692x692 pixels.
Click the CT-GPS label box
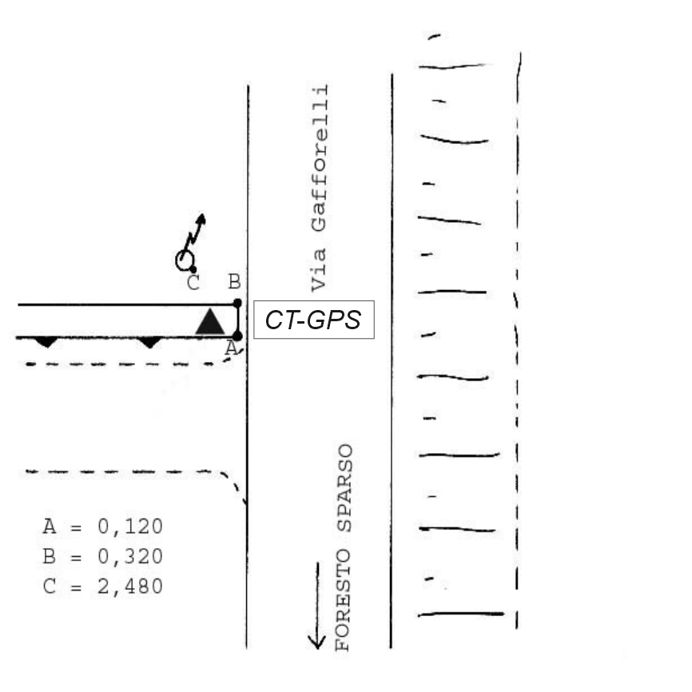point(314,321)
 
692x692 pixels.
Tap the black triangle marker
point(210,321)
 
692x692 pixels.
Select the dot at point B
point(237,303)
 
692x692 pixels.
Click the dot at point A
point(237,336)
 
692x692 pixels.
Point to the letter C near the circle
point(193,283)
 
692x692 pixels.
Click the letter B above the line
point(233,282)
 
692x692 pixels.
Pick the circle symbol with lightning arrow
point(185,259)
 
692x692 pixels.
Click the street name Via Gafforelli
point(319,187)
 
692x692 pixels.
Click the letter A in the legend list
point(49,527)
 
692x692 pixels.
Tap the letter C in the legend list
point(49,587)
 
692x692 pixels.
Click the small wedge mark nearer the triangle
point(149,342)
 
